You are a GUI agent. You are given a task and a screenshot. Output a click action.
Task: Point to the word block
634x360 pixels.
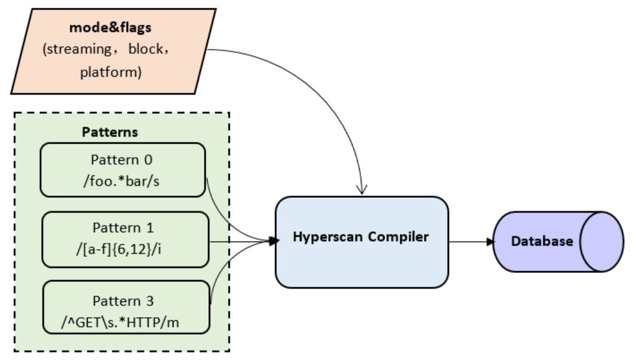145,50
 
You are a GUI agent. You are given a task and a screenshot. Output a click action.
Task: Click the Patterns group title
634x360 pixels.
110,132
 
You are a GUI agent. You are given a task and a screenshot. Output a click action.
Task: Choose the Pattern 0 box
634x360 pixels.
123,169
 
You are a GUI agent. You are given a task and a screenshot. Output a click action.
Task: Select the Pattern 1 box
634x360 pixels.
125,239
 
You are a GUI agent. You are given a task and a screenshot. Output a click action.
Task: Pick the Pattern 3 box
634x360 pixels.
127,306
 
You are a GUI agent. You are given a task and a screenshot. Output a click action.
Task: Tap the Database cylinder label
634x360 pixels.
542,241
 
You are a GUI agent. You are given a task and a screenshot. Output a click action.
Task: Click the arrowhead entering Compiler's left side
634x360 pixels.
274,241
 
